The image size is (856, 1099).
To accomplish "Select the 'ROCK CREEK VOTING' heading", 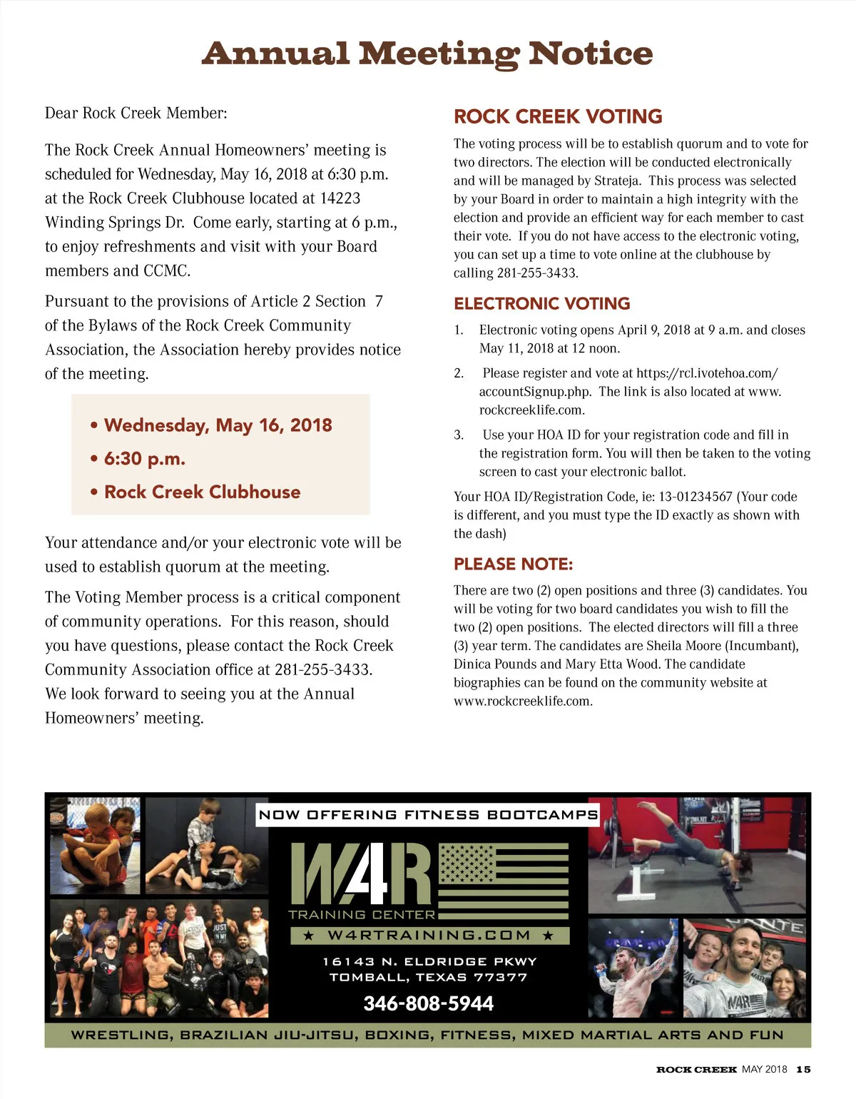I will [x=558, y=116].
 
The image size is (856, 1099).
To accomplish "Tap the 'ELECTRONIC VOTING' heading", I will [x=541, y=303].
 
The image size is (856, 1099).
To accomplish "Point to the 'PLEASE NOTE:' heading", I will [x=513, y=564].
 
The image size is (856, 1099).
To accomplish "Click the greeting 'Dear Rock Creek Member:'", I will [x=136, y=113].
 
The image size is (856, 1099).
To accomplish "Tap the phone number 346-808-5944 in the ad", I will [x=428, y=1003].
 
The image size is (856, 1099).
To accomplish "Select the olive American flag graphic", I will [x=504, y=881].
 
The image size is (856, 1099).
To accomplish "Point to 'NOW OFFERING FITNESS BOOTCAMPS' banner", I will [x=427, y=815].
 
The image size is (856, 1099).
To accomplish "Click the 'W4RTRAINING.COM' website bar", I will [x=429, y=935].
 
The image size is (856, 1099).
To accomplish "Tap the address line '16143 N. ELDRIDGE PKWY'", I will [x=429, y=961].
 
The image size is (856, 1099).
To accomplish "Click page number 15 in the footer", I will [x=803, y=1069].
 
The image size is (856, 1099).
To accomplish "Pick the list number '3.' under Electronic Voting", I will [x=459, y=435].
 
